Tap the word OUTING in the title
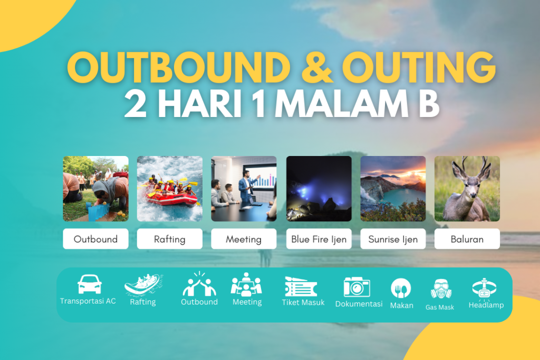point(419,67)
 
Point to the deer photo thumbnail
point(467,189)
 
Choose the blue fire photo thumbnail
point(319,189)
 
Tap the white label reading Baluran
point(467,239)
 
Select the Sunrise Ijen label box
point(393,239)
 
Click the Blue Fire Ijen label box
point(319,239)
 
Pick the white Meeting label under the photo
point(244,239)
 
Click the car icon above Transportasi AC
point(89,284)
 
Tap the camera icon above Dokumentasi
point(357,286)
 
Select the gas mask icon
point(441,289)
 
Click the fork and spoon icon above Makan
point(401,288)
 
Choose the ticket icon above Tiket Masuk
point(301,287)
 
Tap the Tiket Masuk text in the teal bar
point(303,303)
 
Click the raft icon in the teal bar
point(143,286)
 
